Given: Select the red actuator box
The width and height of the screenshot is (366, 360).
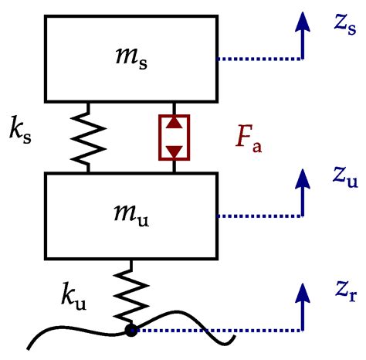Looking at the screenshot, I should click(175, 138).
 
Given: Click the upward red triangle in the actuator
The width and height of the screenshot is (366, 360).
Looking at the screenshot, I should click(175, 124).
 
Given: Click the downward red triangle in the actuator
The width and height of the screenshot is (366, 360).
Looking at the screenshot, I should click(175, 151).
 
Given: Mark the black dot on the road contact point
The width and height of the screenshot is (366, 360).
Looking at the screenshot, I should click(130, 331).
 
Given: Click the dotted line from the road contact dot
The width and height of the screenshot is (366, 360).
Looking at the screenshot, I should click(216, 331).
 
